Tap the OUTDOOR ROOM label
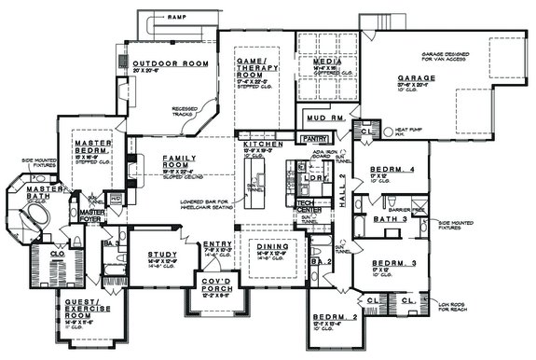point(156,63)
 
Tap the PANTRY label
point(312,137)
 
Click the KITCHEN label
point(256,145)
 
